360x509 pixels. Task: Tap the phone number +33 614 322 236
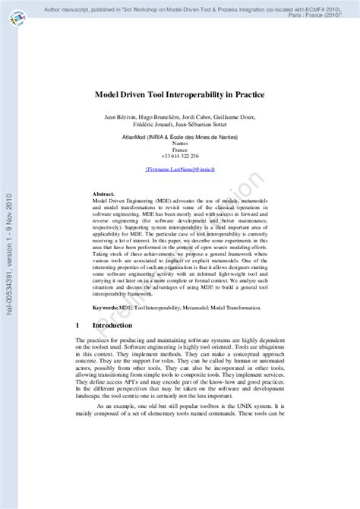click(x=180, y=156)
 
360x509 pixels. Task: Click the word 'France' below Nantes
click(x=180, y=150)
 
